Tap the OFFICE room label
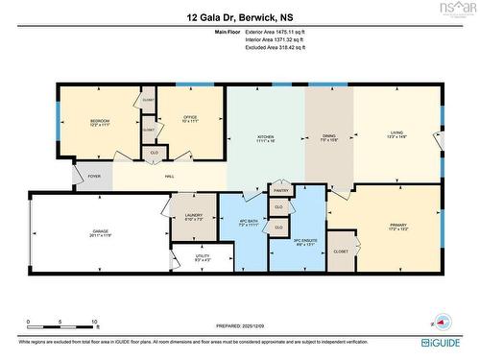pyautogui.click(x=190, y=118)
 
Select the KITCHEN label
pyautogui.click(x=265, y=137)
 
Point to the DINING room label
pyautogui.click(x=328, y=137)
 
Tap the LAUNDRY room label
pyautogui.click(x=192, y=216)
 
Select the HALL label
pyautogui.click(x=168, y=177)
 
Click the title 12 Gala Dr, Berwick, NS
pyautogui.click(x=239, y=16)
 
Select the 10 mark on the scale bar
pyautogui.click(x=94, y=322)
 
